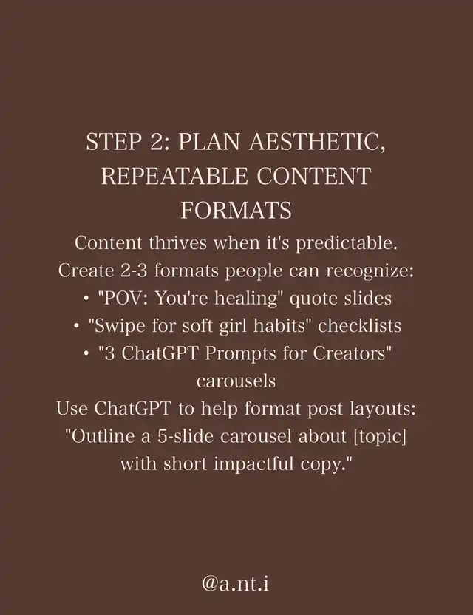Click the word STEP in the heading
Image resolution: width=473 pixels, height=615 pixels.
click(x=114, y=142)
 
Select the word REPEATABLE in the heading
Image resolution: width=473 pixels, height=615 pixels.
click(x=174, y=176)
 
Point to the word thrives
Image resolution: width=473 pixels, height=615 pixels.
click(x=177, y=242)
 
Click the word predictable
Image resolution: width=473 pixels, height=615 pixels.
click(x=347, y=244)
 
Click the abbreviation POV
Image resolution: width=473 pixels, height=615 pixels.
click(x=123, y=298)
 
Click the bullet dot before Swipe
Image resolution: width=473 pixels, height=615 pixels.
click(x=76, y=326)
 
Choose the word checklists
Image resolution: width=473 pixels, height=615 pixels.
click(x=359, y=325)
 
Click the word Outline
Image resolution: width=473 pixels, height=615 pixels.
click(x=101, y=436)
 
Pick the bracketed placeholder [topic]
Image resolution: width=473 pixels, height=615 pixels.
click(x=380, y=437)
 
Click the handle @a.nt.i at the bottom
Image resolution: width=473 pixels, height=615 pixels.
click(x=236, y=583)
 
